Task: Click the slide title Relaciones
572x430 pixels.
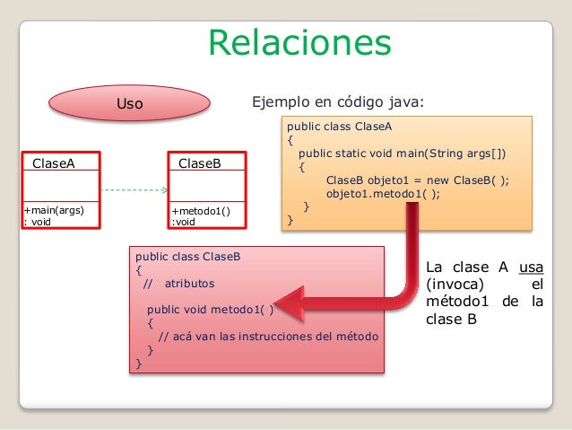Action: coord(299,42)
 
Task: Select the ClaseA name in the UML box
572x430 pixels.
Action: coord(54,163)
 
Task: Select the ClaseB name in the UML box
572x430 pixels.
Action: coord(200,163)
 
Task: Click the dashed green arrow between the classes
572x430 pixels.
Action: coord(134,190)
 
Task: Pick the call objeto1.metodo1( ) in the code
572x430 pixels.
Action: coord(383,192)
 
